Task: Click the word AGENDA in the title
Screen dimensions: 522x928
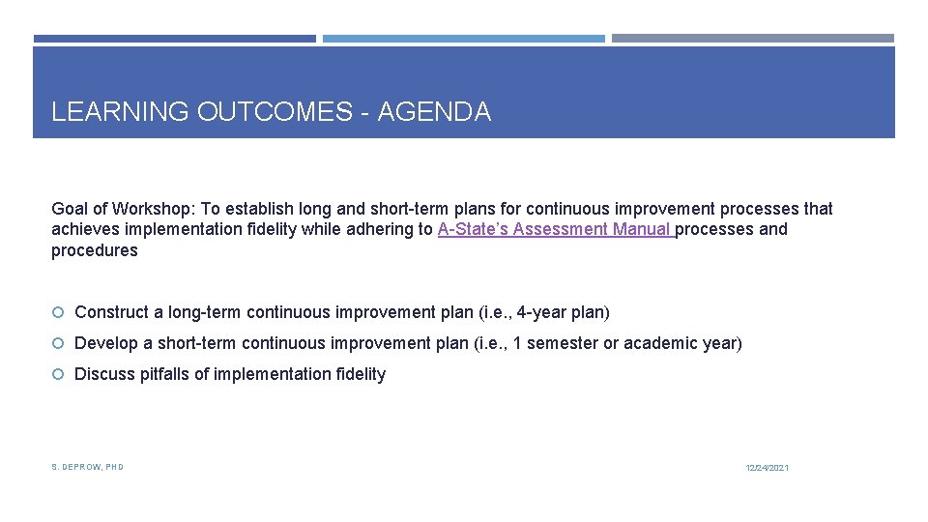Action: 434,112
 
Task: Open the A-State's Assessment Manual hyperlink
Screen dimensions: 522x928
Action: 555,229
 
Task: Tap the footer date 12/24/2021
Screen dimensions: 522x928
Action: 767,468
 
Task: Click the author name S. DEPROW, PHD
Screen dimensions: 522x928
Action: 87,467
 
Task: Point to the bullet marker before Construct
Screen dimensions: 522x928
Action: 58,312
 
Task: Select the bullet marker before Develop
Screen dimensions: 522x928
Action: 58,343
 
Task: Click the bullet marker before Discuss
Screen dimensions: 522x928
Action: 58,374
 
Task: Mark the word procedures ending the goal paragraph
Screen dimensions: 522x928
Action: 95,251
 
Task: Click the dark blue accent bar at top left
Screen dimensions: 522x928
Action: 174,39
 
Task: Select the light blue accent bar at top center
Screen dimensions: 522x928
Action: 463,39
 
